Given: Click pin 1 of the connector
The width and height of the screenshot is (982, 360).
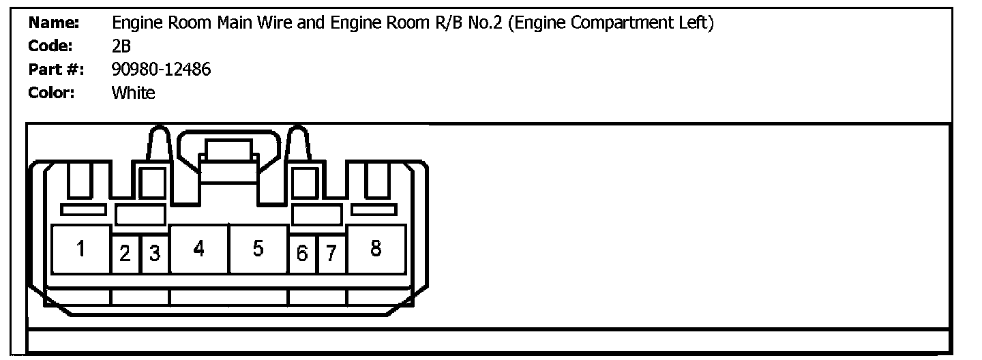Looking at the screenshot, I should (80, 250).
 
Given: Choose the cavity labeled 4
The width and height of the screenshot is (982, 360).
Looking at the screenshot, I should (198, 250).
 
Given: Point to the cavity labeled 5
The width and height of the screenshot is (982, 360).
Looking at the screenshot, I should (258, 250).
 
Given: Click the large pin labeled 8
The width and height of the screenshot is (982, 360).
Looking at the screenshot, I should (376, 250).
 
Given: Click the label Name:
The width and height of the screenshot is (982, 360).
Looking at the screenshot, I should (54, 23).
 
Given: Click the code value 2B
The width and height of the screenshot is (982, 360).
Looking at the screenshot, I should (121, 46).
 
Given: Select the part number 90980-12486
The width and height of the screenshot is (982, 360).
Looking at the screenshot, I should (161, 70).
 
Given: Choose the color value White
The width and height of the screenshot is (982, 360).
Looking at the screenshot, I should (133, 93).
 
